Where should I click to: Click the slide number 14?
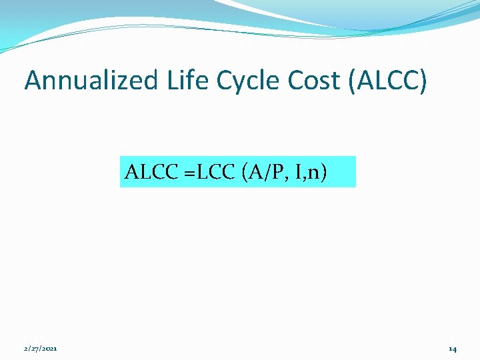pyautogui.click(x=452, y=349)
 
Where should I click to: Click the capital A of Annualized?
pyautogui.click(x=33, y=81)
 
